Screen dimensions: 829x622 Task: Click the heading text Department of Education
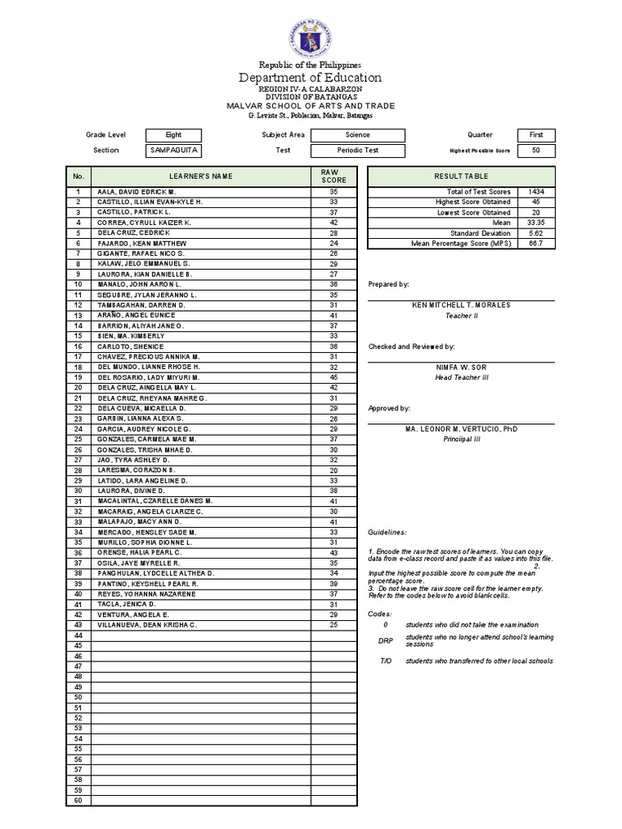(310, 78)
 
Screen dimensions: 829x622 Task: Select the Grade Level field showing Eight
(173, 135)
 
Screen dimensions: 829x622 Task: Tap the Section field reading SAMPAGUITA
(173, 150)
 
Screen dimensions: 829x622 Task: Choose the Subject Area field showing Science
(358, 135)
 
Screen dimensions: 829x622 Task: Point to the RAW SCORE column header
(334, 176)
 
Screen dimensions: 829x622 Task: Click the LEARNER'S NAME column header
(200, 176)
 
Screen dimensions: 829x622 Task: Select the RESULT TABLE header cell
(461, 176)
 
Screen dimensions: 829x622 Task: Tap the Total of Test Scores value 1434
(535, 191)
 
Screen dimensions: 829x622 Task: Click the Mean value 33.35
(535, 222)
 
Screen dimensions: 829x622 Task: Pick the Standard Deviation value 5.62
(535, 232)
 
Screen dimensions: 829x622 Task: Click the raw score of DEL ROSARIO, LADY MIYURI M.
(334, 377)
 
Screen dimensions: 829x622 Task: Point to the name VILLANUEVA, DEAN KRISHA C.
(147, 625)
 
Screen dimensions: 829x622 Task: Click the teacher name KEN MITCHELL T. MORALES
(461, 305)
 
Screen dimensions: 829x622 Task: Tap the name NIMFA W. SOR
(461, 367)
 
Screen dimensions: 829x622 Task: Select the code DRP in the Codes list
(386, 640)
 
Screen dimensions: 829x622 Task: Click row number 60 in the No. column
(79, 801)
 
